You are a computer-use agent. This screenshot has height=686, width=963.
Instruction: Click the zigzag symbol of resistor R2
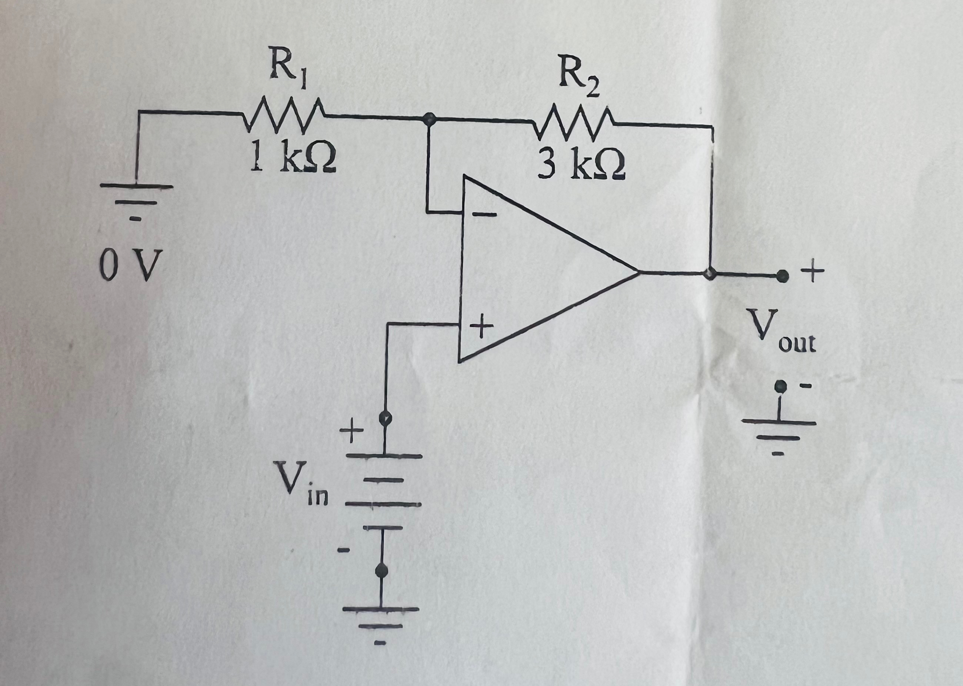click(x=574, y=123)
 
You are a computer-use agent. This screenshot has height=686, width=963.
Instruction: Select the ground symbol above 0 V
click(x=136, y=199)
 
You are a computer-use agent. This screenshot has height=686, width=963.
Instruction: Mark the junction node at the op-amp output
click(x=711, y=273)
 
